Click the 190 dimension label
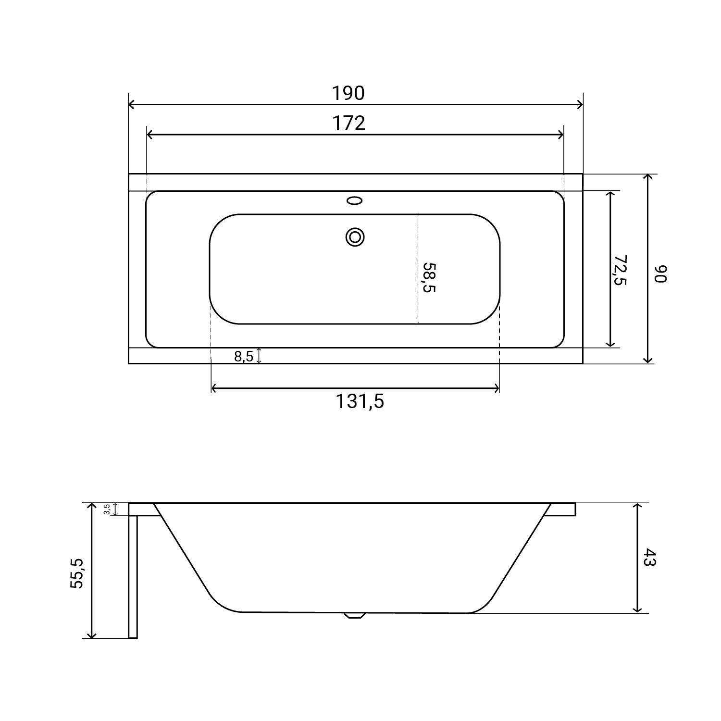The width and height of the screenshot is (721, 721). [x=348, y=93]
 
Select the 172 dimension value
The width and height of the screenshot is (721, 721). [x=349, y=123]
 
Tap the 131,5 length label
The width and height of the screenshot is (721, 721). [x=360, y=401]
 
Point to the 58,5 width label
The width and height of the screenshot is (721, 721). [x=429, y=277]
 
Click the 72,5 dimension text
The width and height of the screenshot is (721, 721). [x=620, y=270]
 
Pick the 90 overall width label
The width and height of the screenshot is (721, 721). [x=661, y=273]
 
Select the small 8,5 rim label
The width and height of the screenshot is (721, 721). [x=243, y=357]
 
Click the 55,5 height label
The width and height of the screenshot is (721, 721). [x=77, y=572]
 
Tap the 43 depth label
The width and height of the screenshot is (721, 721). [x=648, y=558]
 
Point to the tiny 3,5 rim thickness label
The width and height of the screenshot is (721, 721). [x=107, y=510]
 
